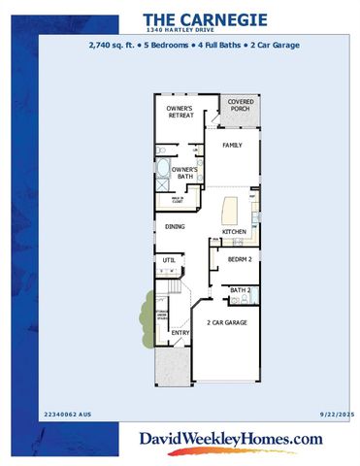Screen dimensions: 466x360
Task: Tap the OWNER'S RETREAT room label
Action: tap(180, 111)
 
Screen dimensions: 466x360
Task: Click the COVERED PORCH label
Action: tap(239, 104)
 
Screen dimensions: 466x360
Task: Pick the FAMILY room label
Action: tap(232, 145)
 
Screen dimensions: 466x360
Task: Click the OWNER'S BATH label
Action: tap(185, 172)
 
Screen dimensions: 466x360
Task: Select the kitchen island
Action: tap(231, 211)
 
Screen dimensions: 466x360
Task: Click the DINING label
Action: tap(175, 226)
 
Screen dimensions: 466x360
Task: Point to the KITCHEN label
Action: tap(234, 232)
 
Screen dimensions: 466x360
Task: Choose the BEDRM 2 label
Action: tap(240, 260)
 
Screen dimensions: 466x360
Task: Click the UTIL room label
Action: tap(169, 260)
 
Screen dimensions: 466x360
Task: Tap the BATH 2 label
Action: tap(241, 290)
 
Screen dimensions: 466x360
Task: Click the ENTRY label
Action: tap(180, 333)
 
